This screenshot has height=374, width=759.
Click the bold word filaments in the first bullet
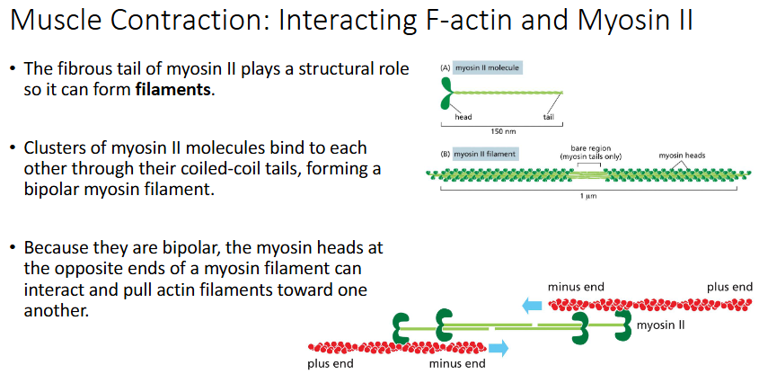tap(174, 90)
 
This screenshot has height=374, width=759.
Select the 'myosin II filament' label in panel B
tap(484, 154)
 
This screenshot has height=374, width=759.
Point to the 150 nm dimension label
tap(503, 130)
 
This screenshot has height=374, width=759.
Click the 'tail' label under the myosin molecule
tap(548, 118)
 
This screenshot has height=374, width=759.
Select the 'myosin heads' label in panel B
tap(682, 155)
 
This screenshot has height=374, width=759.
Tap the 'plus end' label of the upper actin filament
tap(729, 287)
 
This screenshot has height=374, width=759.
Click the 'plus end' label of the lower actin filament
tap(330, 364)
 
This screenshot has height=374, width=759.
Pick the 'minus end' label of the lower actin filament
tap(457, 364)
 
